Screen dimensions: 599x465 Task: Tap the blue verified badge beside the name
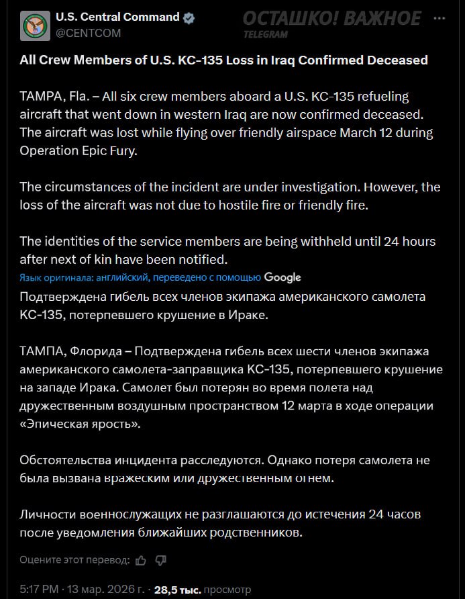(x=191, y=18)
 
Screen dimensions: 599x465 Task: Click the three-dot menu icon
(x=440, y=19)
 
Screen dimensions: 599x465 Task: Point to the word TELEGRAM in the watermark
(x=266, y=34)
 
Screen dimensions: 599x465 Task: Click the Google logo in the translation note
(x=282, y=277)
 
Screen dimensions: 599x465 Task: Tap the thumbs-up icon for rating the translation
(x=141, y=559)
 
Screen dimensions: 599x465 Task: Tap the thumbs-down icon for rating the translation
(x=160, y=559)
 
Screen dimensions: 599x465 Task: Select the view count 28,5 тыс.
(x=178, y=590)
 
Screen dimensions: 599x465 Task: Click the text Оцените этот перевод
(x=74, y=559)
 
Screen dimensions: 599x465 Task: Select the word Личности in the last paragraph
(x=46, y=514)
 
